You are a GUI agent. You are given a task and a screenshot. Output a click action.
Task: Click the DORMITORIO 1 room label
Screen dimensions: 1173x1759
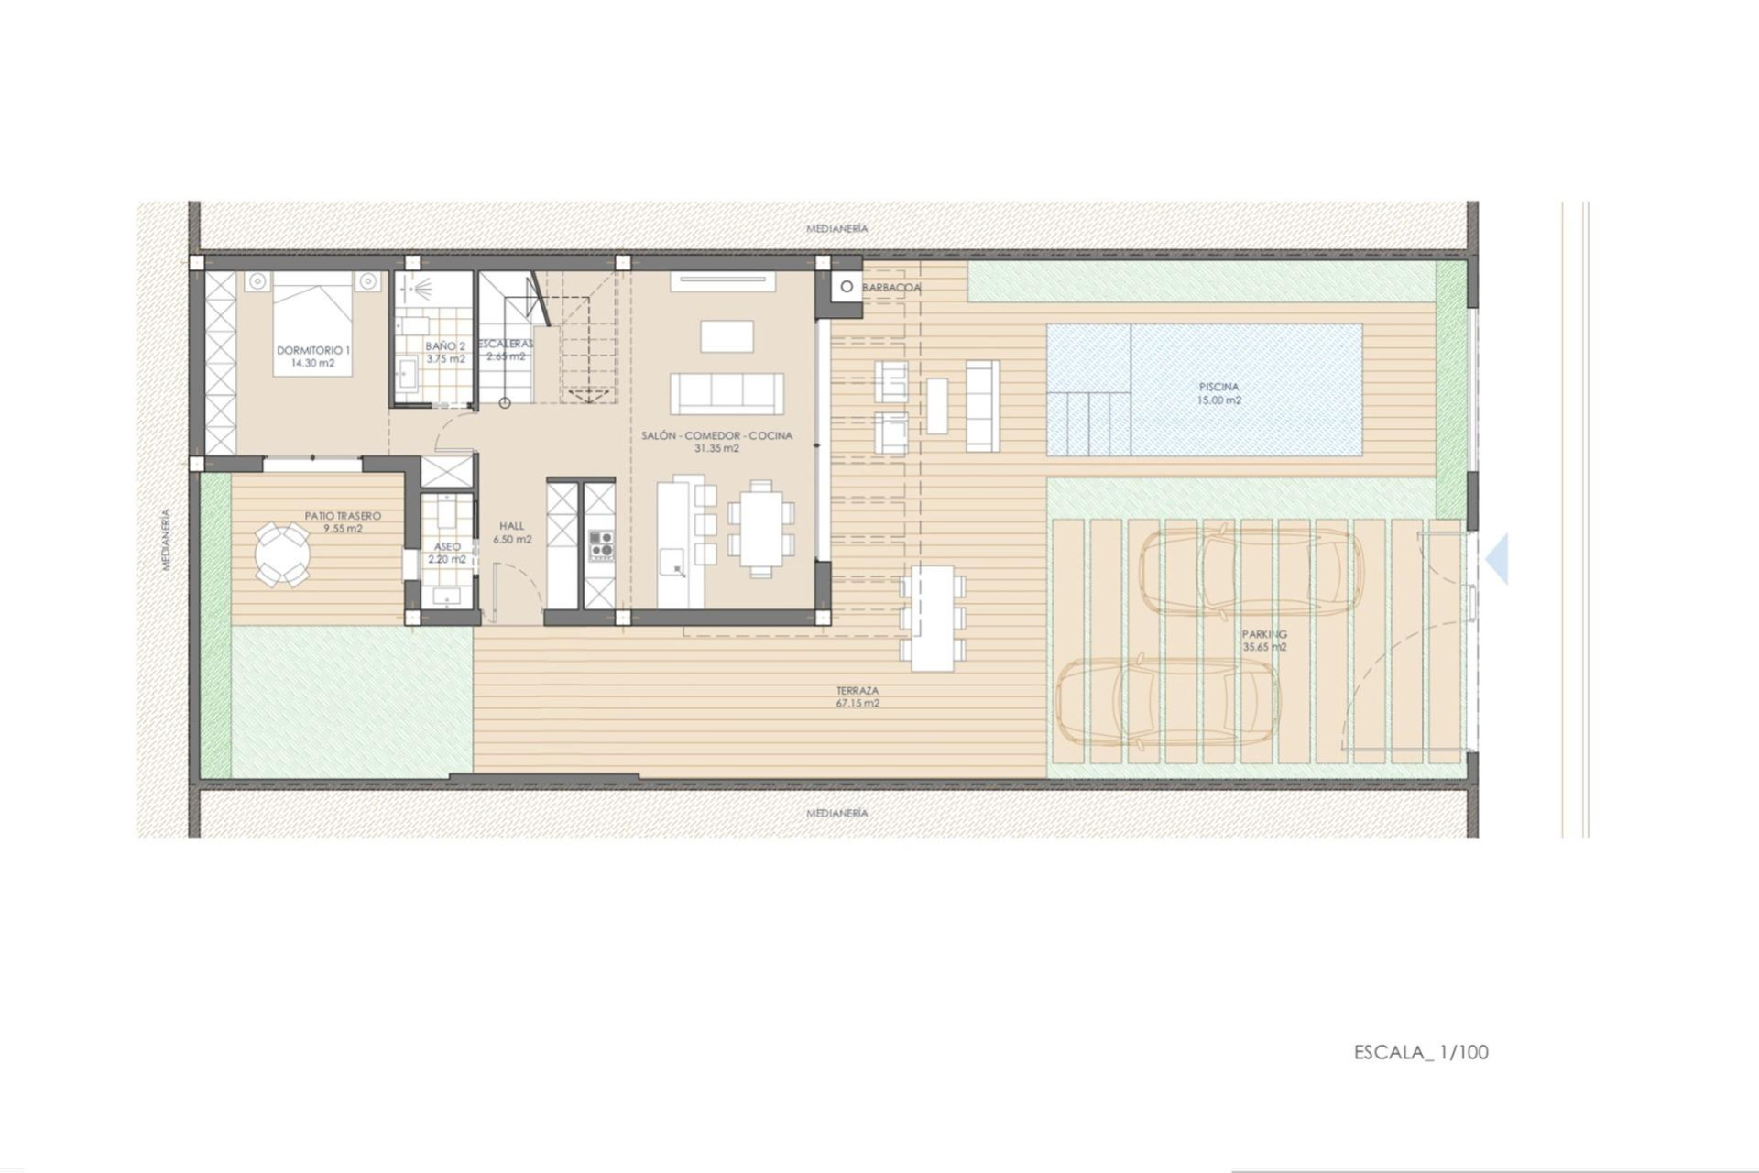(x=313, y=356)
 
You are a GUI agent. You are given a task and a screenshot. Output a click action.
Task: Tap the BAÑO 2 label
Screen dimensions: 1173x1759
(x=445, y=352)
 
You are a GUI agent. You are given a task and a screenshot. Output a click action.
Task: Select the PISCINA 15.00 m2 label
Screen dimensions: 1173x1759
(x=1218, y=393)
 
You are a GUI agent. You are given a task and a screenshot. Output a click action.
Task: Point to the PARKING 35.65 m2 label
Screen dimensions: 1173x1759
(x=1264, y=640)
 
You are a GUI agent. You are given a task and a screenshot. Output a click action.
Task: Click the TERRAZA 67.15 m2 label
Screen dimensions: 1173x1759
(x=858, y=696)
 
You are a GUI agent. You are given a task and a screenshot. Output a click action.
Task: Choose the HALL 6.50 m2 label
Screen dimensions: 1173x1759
(x=512, y=532)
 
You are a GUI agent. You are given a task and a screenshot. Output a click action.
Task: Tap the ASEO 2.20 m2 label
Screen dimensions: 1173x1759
(x=447, y=553)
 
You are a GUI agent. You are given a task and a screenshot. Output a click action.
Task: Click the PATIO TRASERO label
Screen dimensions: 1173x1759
(x=343, y=521)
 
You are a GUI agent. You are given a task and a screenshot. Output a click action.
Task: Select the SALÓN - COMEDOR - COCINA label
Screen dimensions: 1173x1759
(x=716, y=442)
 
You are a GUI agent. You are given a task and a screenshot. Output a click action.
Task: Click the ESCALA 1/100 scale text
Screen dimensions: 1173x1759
(x=1421, y=1052)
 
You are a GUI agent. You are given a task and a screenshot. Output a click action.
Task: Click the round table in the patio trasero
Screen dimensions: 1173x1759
(x=282, y=554)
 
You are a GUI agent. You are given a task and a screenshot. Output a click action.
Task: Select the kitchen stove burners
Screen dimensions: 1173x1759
(x=601, y=545)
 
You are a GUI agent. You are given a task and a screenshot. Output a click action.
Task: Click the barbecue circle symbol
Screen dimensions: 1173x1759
(x=847, y=287)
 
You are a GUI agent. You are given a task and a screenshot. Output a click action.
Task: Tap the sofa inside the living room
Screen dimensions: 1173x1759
(x=727, y=394)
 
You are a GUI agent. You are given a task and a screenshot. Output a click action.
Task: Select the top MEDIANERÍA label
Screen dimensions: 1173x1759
(x=836, y=228)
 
